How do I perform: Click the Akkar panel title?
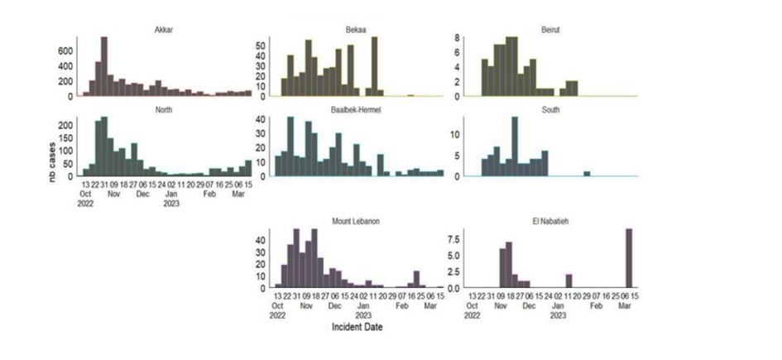[x=164, y=31]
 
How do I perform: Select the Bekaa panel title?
[x=357, y=31]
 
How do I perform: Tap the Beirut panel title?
[x=550, y=31]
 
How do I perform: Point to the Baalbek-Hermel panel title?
[x=357, y=110]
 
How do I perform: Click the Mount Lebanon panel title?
[x=357, y=222]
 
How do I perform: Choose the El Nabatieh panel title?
[x=550, y=222]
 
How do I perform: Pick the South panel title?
[x=550, y=110]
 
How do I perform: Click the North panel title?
[x=164, y=110]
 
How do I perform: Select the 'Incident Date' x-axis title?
[x=357, y=327]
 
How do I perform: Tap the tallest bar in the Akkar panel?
[x=104, y=66]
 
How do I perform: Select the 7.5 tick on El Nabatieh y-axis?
[x=455, y=238]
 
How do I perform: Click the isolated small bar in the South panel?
[x=587, y=173]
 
